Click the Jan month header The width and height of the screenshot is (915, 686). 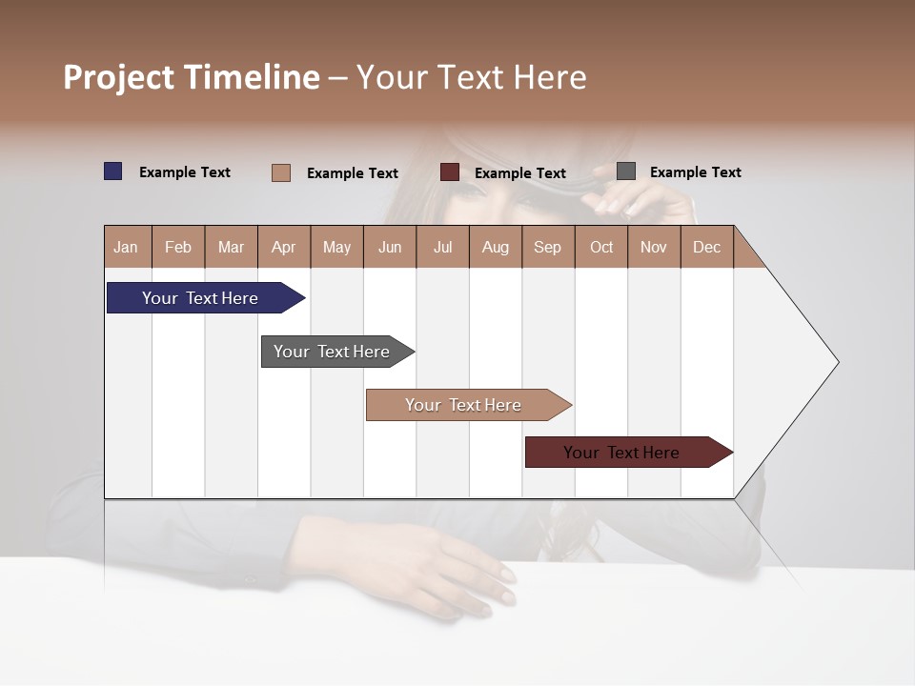(126, 248)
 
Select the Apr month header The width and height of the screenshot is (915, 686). (283, 248)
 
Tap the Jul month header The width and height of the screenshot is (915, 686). (442, 248)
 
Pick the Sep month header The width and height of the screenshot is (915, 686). (547, 248)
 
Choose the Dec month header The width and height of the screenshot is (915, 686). (706, 248)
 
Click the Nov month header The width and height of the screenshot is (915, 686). (653, 248)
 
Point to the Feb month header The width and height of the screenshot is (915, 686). (178, 248)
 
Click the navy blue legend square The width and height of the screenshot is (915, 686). (113, 171)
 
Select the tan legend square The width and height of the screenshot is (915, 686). (281, 172)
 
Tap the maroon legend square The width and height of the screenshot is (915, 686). (450, 172)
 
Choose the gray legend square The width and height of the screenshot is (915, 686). (626, 171)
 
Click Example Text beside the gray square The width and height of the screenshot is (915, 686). (695, 172)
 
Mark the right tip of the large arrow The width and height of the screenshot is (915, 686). (837, 362)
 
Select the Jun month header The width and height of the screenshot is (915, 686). (390, 248)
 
